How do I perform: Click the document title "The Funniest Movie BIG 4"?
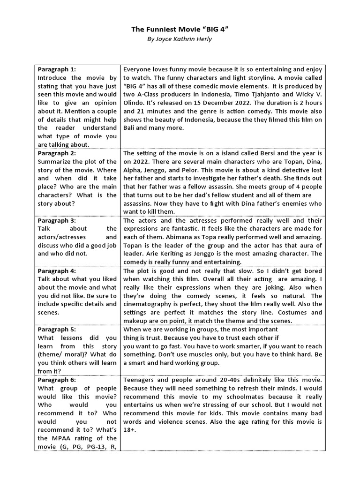tap(180, 30)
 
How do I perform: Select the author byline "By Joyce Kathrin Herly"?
tap(180, 39)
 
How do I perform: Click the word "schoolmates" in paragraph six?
tap(229, 397)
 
